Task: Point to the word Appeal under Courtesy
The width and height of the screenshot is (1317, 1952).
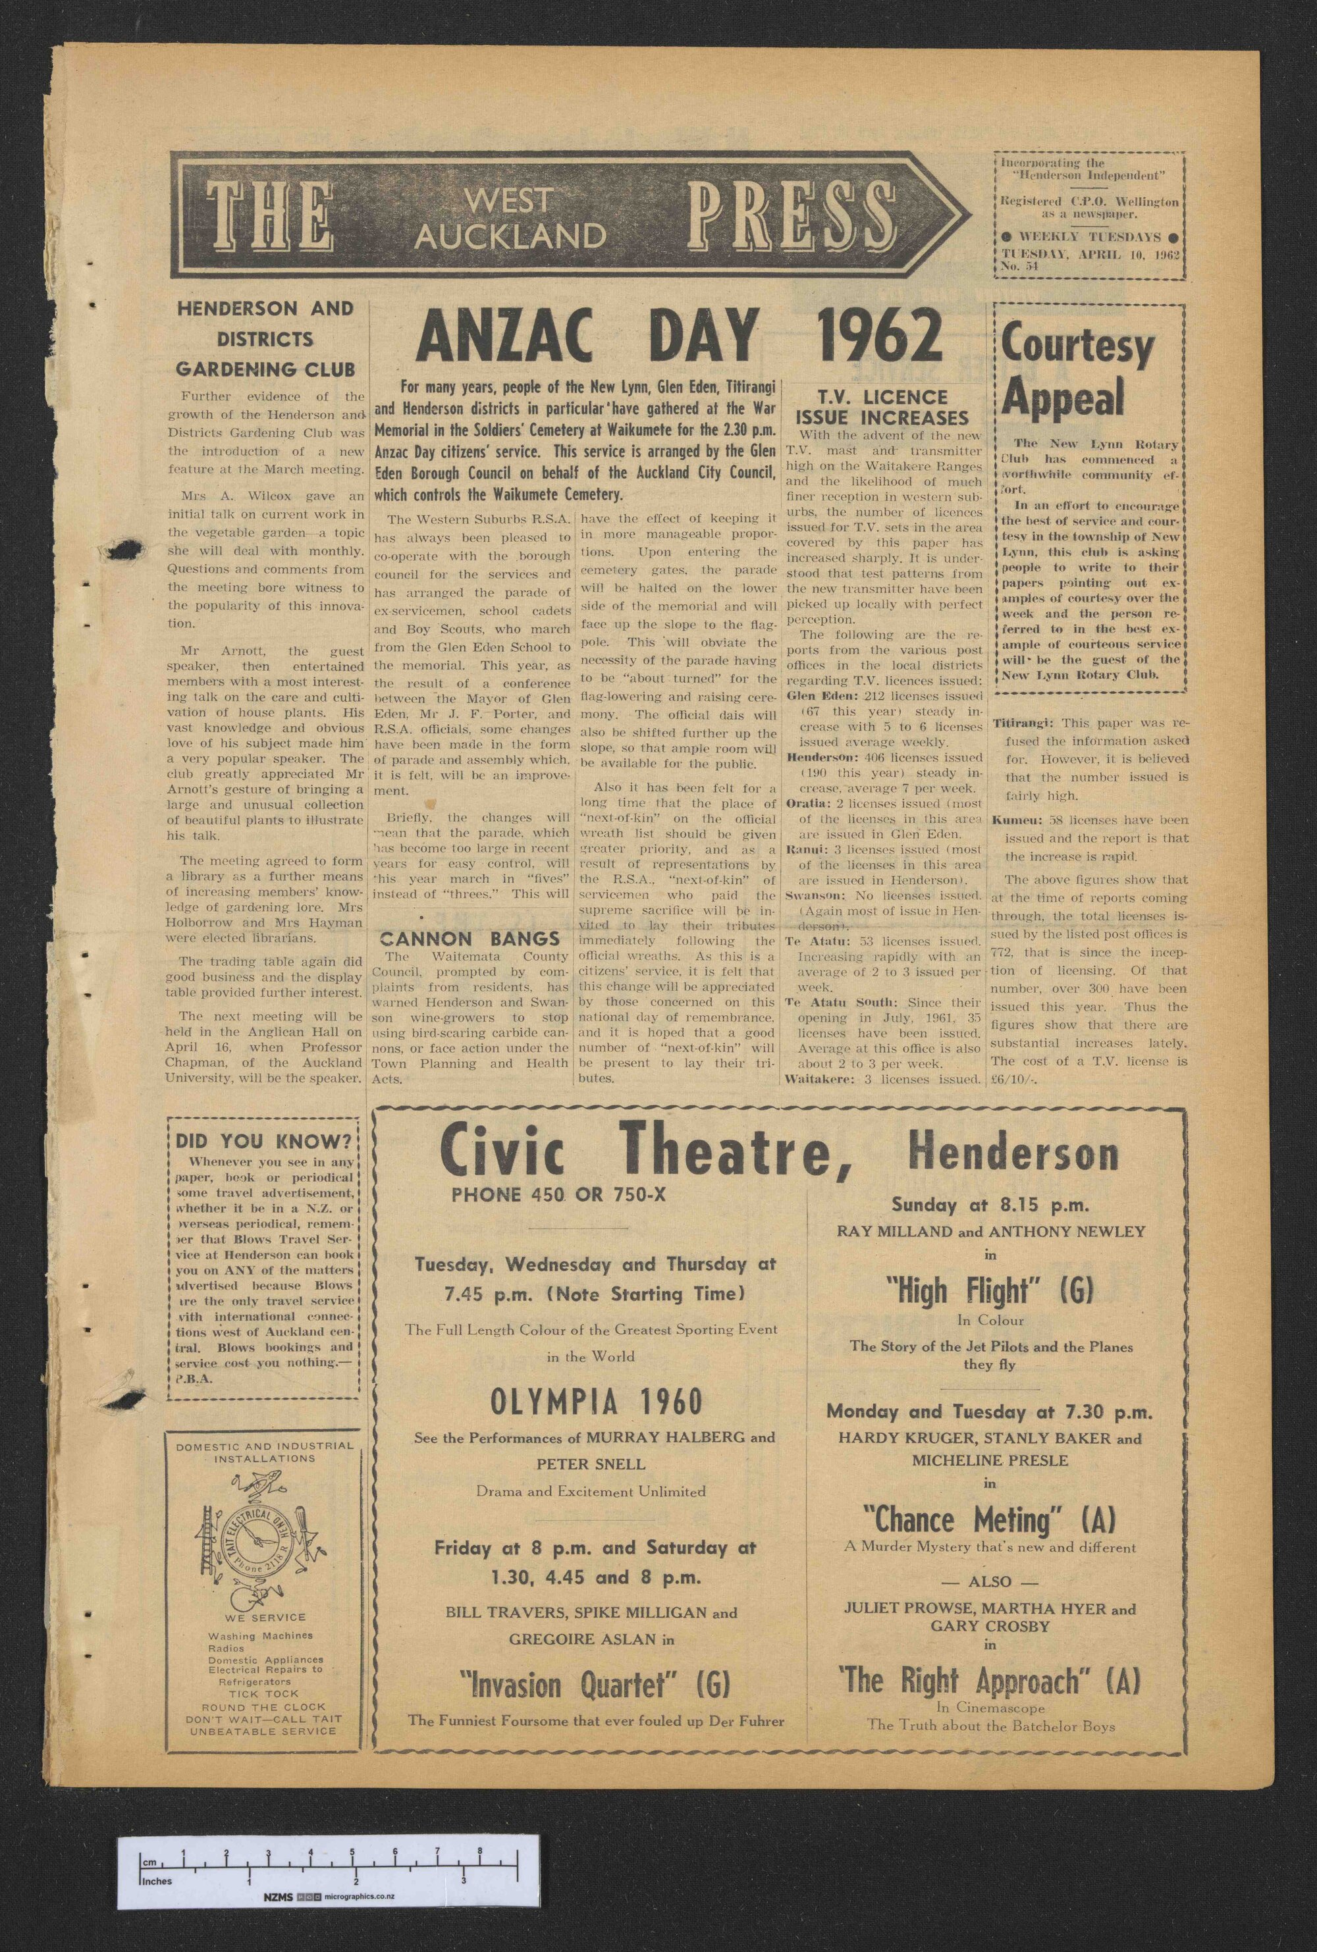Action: [1063, 398]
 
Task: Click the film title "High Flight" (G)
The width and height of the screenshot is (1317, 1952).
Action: [990, 1289]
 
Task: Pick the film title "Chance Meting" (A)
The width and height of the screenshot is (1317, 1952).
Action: [990, 1519]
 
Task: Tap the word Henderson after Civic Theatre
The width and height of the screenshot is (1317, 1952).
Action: [1015, 1155]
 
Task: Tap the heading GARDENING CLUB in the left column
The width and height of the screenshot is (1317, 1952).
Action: [265, 369]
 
